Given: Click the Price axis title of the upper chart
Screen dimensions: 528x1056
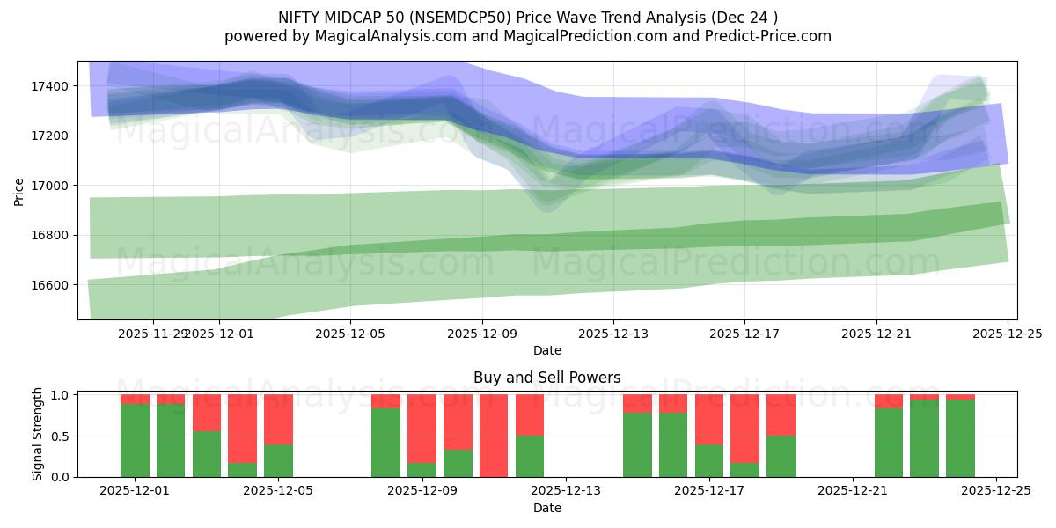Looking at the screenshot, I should point(19,190).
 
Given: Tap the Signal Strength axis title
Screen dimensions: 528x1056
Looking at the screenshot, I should point(37,434).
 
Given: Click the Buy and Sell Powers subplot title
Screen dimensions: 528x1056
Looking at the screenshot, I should point(546,378).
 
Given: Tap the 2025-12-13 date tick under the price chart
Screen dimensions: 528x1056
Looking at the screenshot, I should point(613,334).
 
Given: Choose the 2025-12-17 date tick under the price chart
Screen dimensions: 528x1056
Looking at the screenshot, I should point(744,334).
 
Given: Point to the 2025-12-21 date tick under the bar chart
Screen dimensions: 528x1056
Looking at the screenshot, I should point(853,491).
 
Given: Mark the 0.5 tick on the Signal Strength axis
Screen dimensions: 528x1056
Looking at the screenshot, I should point(62,436).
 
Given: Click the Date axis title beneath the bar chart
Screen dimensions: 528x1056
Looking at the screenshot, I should point(546,508).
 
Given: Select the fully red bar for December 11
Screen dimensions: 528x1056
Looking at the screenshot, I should point(494,436).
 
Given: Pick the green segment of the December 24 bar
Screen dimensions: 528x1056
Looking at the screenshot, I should point(960,438).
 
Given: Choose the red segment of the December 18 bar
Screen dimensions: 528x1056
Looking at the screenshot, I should point(781,414).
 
